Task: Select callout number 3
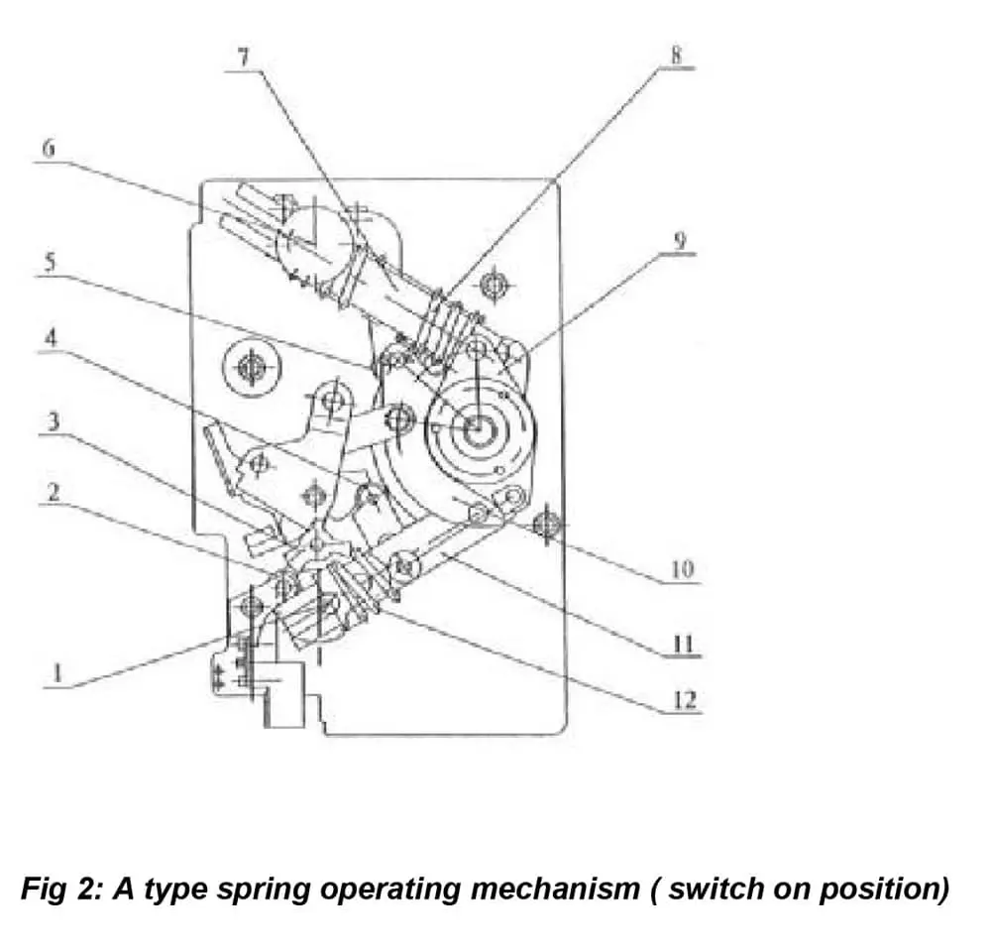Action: point(55,422)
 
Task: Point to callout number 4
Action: point(53,336)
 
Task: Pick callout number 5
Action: point(52,264)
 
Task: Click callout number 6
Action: point(50,149)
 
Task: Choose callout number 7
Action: point(244,54)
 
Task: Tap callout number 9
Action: point(680,241)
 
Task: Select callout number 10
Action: point(682,570)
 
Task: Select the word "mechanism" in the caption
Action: point(555,888)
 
